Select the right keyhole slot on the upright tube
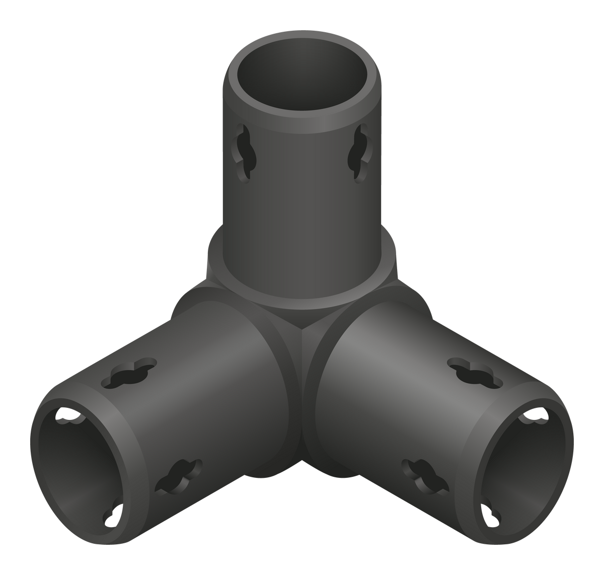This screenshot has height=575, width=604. pyautogui.click(x=360, y=153)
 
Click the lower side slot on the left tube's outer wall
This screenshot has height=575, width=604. pyautogui.click(x=177, y=476)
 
